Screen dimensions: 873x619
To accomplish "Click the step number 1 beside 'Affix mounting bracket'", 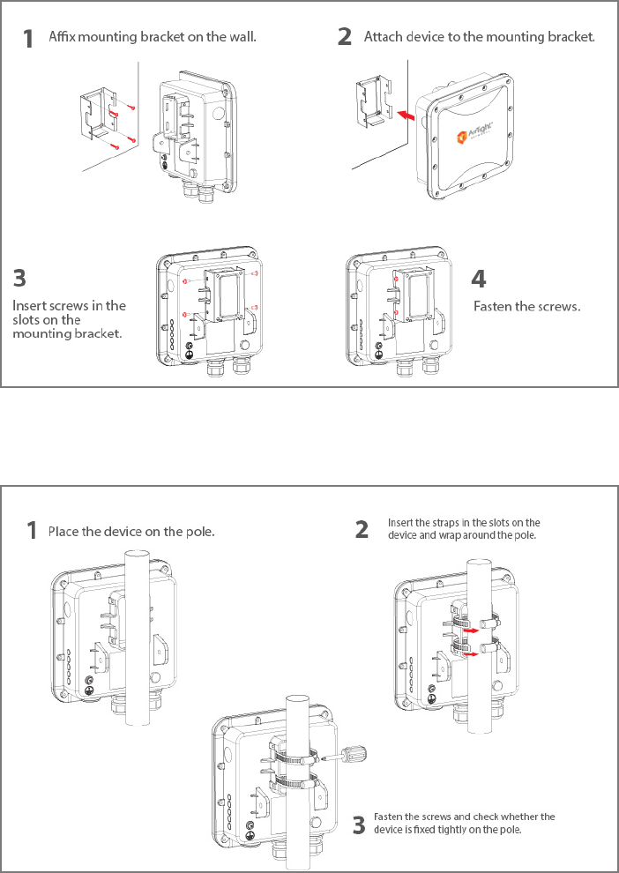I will pos(29,39).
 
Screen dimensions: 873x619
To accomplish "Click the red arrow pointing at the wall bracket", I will pos(405,115).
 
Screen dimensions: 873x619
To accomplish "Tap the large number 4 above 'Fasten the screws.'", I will pos(478,280).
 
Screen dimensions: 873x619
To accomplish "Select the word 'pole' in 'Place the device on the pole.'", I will pos(198,532).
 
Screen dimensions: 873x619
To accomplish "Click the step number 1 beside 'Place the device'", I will pos(32,531).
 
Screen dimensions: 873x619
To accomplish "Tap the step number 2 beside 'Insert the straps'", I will pos(362,529).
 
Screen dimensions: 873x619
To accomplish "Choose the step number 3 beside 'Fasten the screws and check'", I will pos(359,825).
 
